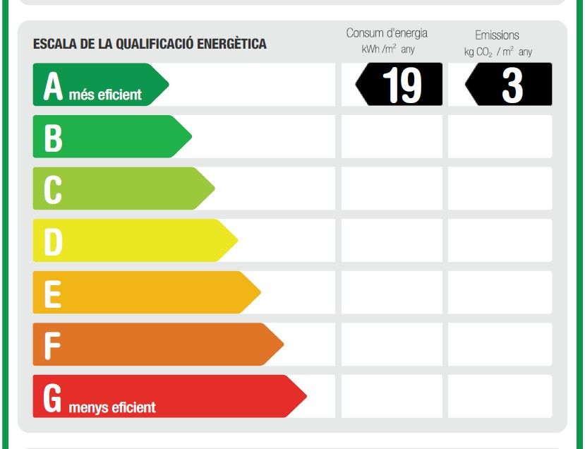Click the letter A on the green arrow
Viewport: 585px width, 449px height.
(x=53, y=86)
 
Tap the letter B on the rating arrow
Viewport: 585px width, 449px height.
(x=53, y=138)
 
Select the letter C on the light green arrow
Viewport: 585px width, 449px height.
(x=53, y=189)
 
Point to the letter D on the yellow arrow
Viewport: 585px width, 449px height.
(x=53, y=241)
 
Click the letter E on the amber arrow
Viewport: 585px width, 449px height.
(x=52, y=293)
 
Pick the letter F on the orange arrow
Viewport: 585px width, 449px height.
(x=52, y=345)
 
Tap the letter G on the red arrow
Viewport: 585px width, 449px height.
(x=53, y=397)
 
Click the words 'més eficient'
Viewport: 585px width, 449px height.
(x=106, y=95)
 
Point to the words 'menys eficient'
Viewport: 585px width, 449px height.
(x=112, y=407)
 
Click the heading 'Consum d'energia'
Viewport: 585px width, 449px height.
(x=387, y=33)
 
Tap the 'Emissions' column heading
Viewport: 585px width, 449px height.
(x=497, y=35)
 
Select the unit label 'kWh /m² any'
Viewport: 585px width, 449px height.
(x=387, y=50)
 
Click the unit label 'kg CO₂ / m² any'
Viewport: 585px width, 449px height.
(x=497, y=52)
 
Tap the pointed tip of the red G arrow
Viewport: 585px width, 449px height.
(x=305, y=396)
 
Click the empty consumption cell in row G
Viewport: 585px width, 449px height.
(x=392, y=396)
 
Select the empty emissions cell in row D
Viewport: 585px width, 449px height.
(x=500, y=240)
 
